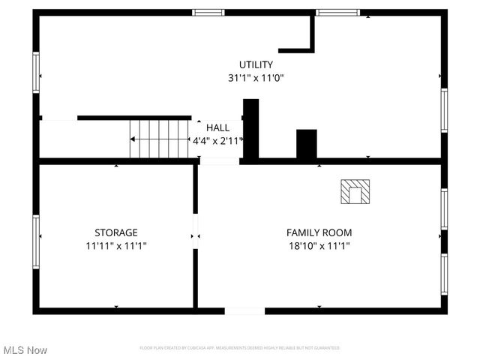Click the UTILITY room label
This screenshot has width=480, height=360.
(x=256, y=64)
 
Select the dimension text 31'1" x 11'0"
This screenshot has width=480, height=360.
(x=256, y=77)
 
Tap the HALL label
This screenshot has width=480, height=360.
(x=218, y=127)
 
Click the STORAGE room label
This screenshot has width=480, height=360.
(x=115, y=232)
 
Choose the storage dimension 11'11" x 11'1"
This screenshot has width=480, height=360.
(x=115, y=245)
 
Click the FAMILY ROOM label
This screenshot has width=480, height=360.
(x=319, y=232)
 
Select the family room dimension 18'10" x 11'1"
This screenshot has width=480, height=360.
(x=319, y=245)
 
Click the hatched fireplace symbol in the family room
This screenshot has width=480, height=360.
(x=355, y=191)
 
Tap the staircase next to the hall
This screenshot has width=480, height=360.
(x=159, y=139)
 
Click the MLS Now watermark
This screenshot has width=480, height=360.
(x=25, y=350)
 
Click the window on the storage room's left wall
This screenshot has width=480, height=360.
(x=36, y=241)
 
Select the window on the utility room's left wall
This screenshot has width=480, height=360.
(x=36, y=73)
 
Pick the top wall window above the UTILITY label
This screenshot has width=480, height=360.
(x=208, y=13)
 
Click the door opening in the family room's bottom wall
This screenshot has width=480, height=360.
(x=244, y=310)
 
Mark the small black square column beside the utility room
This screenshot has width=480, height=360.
(x=306, y=144)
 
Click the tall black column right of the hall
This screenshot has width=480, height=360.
(x=250, y=129)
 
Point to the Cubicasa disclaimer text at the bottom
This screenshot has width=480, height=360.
(x=240, y=348)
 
